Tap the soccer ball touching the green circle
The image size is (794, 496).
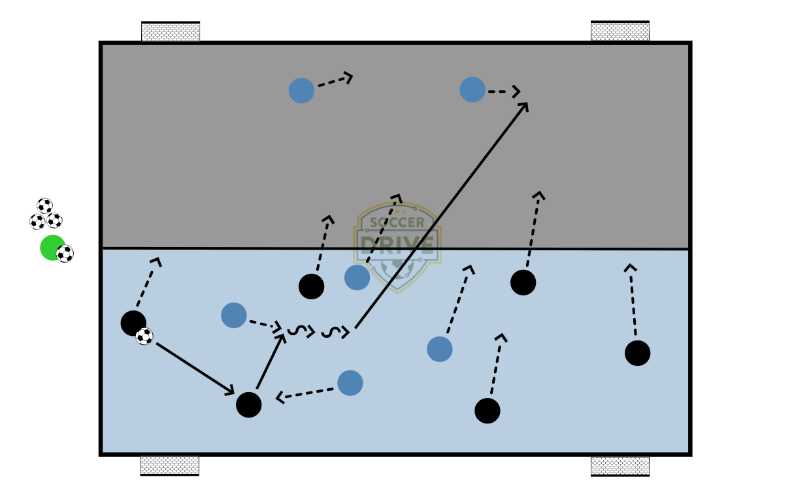(x=65, y=254)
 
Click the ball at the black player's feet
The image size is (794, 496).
(x=144, y=337)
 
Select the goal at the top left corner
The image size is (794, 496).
(x=171, y=31)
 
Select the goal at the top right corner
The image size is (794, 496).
(x=620, y=31)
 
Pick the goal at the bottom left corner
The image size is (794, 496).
(x=169, y=465)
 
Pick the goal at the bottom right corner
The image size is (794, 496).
(x=620, y=466)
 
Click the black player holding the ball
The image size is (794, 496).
(x=133, y=323)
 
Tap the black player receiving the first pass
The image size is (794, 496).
(x=248, y=405)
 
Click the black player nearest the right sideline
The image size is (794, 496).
(x=637, y=353)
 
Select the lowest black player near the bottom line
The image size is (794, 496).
(x=487, y=410)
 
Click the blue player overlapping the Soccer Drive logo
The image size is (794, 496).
(x=357, y=278)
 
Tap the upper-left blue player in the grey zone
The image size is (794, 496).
(x=301, y=91)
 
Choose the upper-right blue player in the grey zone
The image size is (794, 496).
(x=472, y=90)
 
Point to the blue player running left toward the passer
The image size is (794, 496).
(x=350, y=383)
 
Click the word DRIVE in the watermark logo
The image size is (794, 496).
(x=397, y=244)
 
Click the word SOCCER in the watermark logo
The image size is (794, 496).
(x=397, y=223)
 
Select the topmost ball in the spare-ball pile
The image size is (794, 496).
(x=44, y=206)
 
